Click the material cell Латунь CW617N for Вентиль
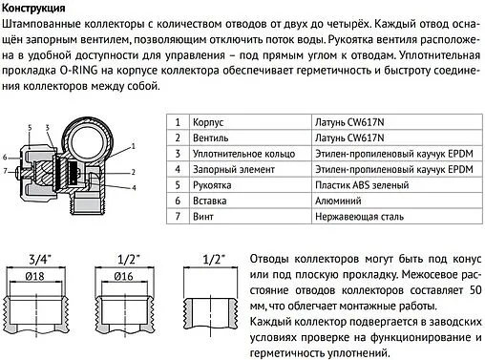point(343,138)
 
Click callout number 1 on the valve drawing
point(132,144)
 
